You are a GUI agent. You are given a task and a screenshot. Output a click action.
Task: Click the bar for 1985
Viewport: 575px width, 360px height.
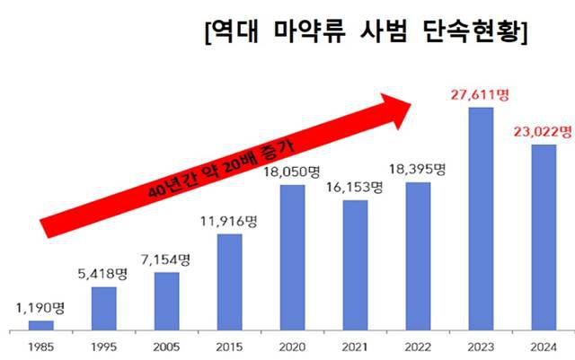pyautogui.click(x=41, y=325)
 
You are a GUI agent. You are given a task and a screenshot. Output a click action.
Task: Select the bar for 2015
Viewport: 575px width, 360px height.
pyautogui.click(x=230, y=282)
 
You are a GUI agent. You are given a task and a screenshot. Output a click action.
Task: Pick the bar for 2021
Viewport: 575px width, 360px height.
pyautogui.click(x=356, y=265)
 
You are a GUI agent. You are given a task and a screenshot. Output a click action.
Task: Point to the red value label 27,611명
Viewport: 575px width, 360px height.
pyautogui.click(x=482, y=92)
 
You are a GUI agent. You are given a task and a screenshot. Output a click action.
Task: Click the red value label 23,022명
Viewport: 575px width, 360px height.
pyautogui.click(x=543, y=131)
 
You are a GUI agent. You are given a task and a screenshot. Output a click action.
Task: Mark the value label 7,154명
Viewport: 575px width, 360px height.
pyautogui.click(x=167, y=259)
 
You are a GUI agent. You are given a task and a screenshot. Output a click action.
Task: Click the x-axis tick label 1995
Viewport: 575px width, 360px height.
pyautogui.click(x=104, y=344)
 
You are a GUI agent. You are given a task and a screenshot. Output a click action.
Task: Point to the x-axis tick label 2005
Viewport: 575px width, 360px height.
pyautogui.click(x=167, y=344)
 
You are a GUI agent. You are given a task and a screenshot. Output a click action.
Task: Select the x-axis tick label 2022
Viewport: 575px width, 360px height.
pyautogui.click(x=419, y=344)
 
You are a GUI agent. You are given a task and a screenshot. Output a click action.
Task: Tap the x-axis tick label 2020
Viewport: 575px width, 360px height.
pyautogui.click(x=293, y=344)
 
